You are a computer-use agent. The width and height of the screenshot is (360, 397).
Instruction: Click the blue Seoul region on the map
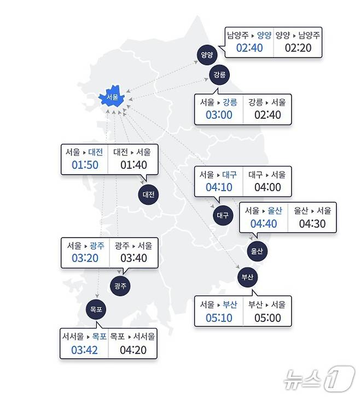click(x=113, y=97)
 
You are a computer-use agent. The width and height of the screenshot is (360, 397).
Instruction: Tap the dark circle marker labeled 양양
click(x=207, y=55)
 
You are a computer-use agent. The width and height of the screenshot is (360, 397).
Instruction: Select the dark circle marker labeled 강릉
click(x=219, y=74)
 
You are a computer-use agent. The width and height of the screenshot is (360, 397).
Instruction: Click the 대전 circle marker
click(x=148, y=194)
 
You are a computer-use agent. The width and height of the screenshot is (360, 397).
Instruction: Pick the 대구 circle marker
click(x=222, y=215)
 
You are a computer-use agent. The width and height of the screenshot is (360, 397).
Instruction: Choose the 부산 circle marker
click(x=247, y=277)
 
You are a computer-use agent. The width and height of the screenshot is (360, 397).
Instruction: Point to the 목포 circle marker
click(x=97, y=309)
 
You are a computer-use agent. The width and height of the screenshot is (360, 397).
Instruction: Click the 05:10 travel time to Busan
click(x=218, y=318)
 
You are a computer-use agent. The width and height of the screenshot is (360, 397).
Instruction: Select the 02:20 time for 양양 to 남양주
click(x=298, y=48)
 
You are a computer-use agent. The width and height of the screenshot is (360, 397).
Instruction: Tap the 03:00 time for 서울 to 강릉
click(x=219, y=115)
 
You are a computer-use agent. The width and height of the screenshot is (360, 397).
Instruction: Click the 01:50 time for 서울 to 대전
click(x=85, y=165)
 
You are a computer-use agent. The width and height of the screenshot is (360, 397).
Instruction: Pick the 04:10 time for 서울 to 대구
click(x=219, y=188)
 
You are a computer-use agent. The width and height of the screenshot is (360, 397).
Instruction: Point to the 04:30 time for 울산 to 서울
click(x=312, y=223)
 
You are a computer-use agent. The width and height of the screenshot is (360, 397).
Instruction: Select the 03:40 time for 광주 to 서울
click(x=133, y=258)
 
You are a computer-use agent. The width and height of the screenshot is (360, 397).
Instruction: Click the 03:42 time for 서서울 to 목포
click(x=84, y=349)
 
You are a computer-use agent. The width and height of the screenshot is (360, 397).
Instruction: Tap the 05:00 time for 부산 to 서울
click(x=267, y=318)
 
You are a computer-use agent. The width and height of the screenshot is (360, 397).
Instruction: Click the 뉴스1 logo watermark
click(x=317, y=378)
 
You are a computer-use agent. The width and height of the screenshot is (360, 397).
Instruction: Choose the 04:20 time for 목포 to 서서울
click(x=133, y=349)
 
